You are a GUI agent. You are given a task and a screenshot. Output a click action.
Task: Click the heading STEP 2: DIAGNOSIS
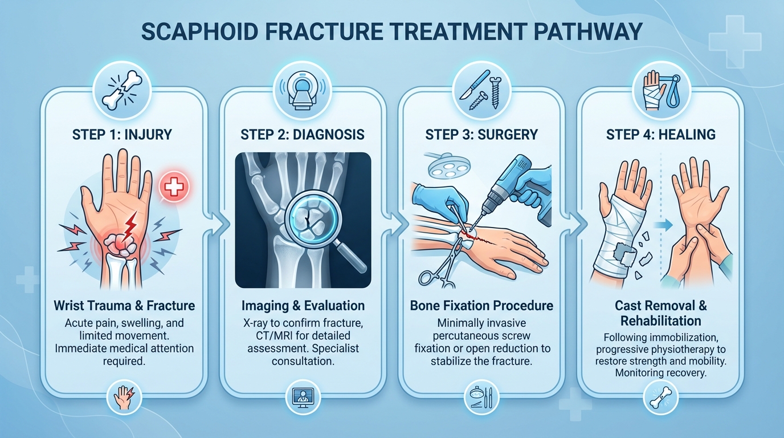coord(303,135)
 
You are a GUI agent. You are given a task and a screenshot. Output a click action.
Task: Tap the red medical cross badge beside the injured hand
coord(174,186)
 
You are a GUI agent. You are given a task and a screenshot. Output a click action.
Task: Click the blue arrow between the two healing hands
coord(667,225)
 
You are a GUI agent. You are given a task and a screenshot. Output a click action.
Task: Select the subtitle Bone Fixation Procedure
coord(481,306)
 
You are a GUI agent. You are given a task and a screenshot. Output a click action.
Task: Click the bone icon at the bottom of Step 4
coord(660,399)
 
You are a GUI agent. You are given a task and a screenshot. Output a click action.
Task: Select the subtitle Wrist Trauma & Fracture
coord(124,306)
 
